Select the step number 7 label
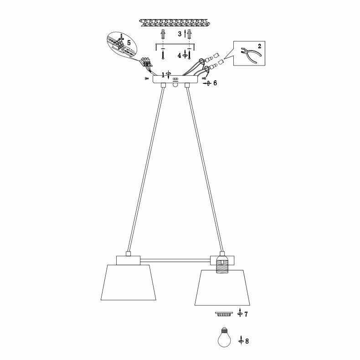pos(246,314)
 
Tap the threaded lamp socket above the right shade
pos(222,264)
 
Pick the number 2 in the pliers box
pos(259,46)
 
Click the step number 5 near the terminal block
pos(129,42)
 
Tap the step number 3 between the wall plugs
pos(180,34)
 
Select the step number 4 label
pos(180,54)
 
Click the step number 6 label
pos(215,83)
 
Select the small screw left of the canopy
pos(146,79)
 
